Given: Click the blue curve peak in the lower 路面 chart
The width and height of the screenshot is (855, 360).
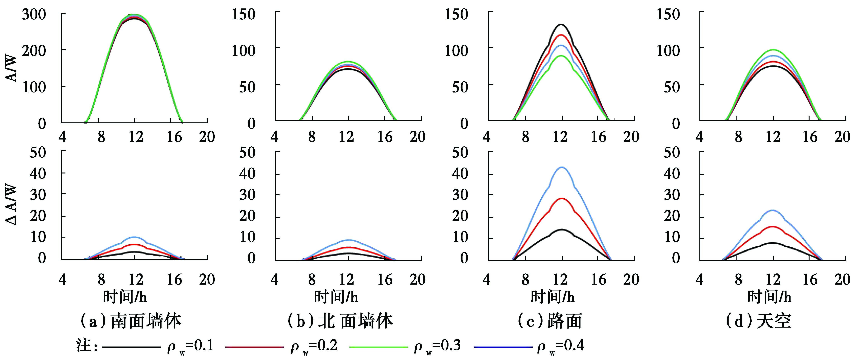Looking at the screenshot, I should [562, 167].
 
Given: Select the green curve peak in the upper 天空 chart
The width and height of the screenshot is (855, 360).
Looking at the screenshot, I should [773, 50].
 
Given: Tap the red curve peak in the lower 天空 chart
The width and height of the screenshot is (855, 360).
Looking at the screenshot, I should [773, 227].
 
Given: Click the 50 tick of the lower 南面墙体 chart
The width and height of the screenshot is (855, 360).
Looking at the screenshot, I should [38, 153].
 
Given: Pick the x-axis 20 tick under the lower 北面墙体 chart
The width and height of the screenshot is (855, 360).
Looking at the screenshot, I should [417, 280].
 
